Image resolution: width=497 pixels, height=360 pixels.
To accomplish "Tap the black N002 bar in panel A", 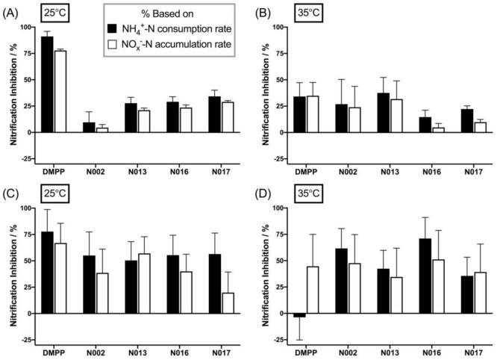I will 89,128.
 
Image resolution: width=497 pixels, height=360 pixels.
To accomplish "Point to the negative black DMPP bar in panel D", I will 299,315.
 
